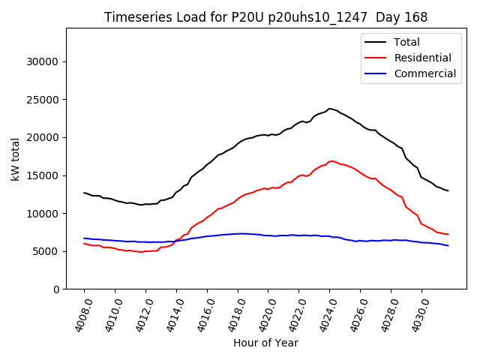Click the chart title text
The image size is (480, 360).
coord(266,17)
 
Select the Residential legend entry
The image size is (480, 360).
coord(422,58)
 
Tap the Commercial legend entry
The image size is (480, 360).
coord(424,73)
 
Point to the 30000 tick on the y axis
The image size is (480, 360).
coord(44,61)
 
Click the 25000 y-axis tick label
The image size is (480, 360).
coord(44,100)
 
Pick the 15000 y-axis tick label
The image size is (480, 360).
coord(44,175)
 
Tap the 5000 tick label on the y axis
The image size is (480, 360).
coord(47,251)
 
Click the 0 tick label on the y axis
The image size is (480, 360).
coord(57,289)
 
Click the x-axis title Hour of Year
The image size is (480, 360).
coord(265,343)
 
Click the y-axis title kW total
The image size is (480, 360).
coord(16,159)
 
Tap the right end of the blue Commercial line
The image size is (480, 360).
coord(448,246)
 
